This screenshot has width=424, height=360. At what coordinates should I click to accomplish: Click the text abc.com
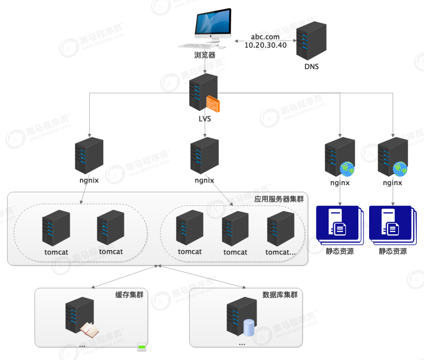(x=265, y=36)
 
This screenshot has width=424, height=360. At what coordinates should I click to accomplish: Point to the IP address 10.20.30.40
(x=265, y=45)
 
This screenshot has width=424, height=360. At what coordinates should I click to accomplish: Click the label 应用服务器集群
(x=279, y=199)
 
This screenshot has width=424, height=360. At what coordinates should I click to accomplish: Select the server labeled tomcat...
(x=56, y=227)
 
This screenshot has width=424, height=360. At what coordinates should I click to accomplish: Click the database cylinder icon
(x=249, y=327)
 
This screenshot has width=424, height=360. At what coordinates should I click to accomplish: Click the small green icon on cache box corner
(x=142, y=348)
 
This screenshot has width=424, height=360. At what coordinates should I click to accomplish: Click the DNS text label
(x=311, y=66)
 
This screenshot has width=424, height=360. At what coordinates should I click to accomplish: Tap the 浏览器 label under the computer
(x=205, y=55)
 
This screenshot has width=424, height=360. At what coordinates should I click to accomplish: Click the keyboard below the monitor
(x=197, y=46)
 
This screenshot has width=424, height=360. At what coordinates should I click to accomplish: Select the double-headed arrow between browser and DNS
(x=265, y=41)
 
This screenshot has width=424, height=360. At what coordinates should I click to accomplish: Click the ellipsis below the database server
(x=242, y=343)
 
